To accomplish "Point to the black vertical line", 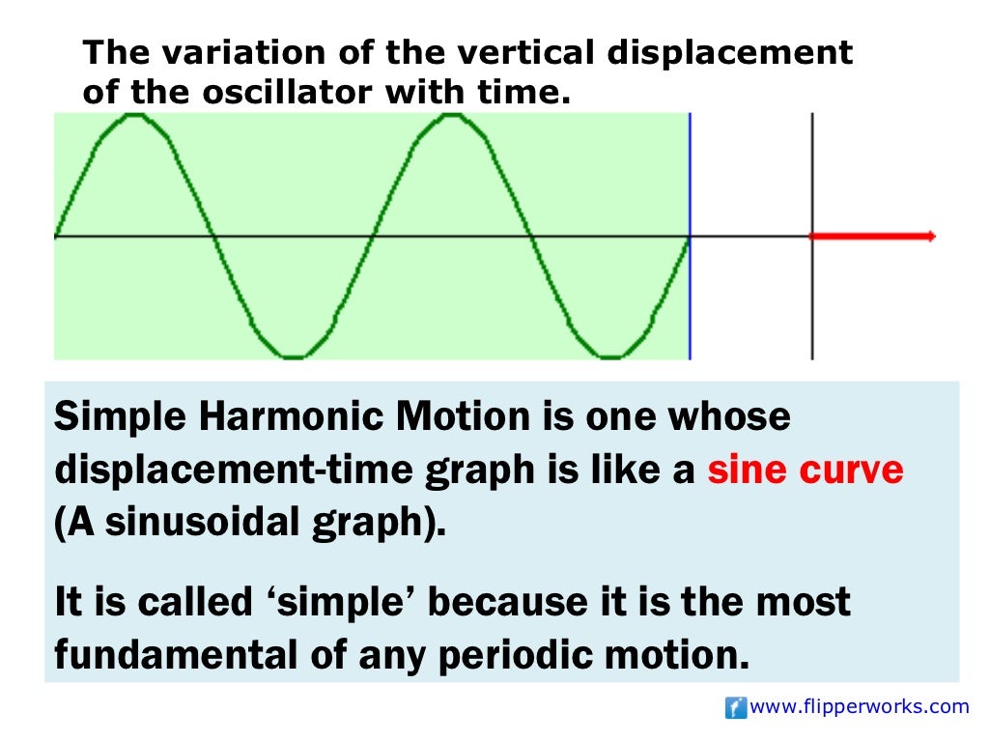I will [812, 174].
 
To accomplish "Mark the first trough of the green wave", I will [293, 356].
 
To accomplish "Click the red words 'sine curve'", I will [805, 471].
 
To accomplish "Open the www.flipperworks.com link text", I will [859, 707].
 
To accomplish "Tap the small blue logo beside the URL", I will [735, 708].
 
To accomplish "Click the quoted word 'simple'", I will [344, 602].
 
